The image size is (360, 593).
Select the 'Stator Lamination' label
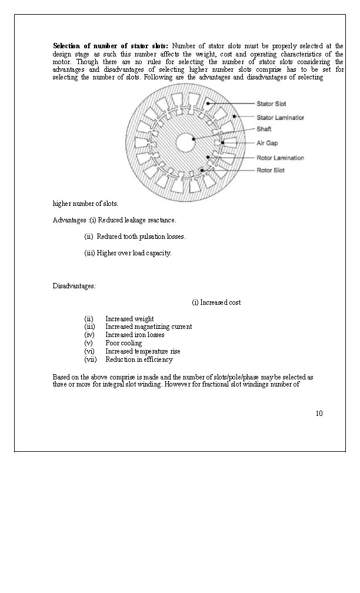pyautogui.click(x=280, y=118)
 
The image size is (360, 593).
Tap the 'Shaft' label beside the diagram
pyautogui.click(x=264, y=129)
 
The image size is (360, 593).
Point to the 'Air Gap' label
pyautogui.click(x=267, y=143)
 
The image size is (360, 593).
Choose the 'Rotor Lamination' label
pyautogui.click(x=280, y=158)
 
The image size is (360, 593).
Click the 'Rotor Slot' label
pyautogui.click(x=271, y=171)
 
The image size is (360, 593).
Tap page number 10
pyautogui.click(x=319, y=413)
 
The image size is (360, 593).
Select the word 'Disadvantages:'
pyautogui.click(x=74, y=286)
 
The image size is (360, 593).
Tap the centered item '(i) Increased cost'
pyautogui.click(x=216, y=302)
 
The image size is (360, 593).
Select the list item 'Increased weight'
pyautogui.click(x=129, y=319)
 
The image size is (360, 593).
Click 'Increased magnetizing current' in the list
pyautogui.click(x=148, y=327)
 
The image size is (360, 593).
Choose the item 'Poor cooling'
pyautogui.click(x=124, y=343)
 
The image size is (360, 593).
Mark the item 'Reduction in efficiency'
pyautogui.click(x=139, y=359)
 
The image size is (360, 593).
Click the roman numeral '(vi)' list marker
pyautogui.click(x=89, y=351)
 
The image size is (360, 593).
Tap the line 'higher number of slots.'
pyautogui.click(x=85, y=204)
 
